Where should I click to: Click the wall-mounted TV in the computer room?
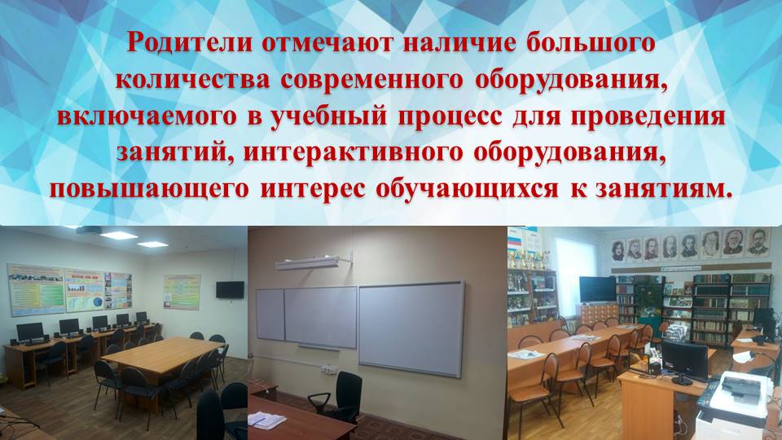coord(229,289)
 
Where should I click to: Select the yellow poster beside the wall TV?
coord(182,291)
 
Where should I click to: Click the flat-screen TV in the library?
coord(597,288)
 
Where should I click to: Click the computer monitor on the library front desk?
coord(683,358)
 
